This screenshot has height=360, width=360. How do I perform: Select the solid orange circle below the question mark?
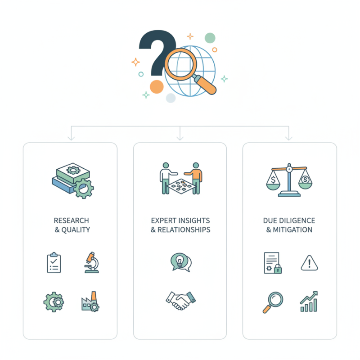coord(157,87)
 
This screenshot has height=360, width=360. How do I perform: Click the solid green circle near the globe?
coord(210,38)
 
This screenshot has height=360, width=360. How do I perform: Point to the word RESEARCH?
coord(72,220)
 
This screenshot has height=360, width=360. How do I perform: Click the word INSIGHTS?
coord(194,220)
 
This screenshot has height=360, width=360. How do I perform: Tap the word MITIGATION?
coord(292,229)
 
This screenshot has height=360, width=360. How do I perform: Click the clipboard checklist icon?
coord(54,262)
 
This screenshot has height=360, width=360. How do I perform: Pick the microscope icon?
coord(92,262)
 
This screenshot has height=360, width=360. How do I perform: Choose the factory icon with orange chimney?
coord(90,301)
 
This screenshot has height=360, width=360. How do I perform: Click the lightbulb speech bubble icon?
coord(181,262)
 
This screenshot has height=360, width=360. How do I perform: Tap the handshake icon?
coord(181,301)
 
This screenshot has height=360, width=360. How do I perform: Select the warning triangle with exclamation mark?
coord(309,263)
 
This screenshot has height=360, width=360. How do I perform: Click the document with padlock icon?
coord(273,263)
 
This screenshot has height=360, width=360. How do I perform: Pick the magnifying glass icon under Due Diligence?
coord(273,302)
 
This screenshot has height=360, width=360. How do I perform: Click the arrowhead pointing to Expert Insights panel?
coord(180,138)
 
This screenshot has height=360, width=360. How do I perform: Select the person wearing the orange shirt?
coord(195,178)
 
